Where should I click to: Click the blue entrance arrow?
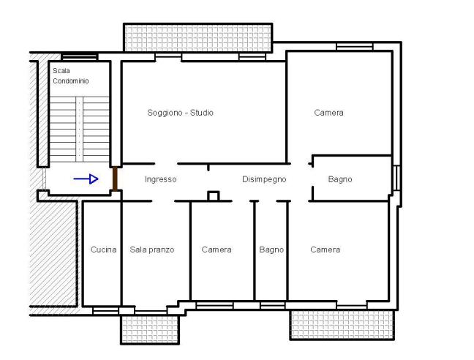(x=86, y=179)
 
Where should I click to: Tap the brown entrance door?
(x=115, y=179)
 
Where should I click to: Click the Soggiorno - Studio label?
(x=180, y=113)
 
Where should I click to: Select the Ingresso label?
(x=160, y=179)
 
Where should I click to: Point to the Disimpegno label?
(x=264, y=179)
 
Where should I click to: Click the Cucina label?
(x=103, y=250)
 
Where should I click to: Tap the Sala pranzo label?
(x=152, y=250)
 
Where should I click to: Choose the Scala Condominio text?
(x=71, y=76)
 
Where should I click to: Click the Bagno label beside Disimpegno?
(x=340, y=179)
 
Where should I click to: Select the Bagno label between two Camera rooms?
(x=271, y=250)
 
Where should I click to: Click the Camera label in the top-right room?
(x=328, y=113)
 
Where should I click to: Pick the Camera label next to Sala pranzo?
(x=217, y=250)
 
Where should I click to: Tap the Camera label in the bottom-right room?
(x=325, y=250)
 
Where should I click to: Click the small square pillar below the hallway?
(x=213, y=196)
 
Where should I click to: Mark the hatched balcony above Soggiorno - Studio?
(x=198, y=38)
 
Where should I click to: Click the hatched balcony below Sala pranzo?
(x=150, y=329)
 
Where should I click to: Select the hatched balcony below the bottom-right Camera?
(x=342, y=324)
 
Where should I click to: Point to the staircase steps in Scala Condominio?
(x=79, y=129)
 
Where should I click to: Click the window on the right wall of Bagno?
(x=396, y=178)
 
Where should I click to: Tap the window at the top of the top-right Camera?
(x=355, y=47)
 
